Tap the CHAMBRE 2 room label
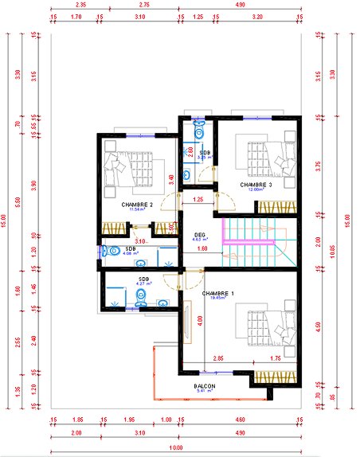(x=136, y=204)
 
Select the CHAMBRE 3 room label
(x=256, y=185)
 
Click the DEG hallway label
(x=200, y=234)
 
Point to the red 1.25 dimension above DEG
(x=198, y=199)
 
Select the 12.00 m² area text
(x=256, y=190)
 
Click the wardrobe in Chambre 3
(x=276, y=206)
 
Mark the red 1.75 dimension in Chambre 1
(x=276, y=358)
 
